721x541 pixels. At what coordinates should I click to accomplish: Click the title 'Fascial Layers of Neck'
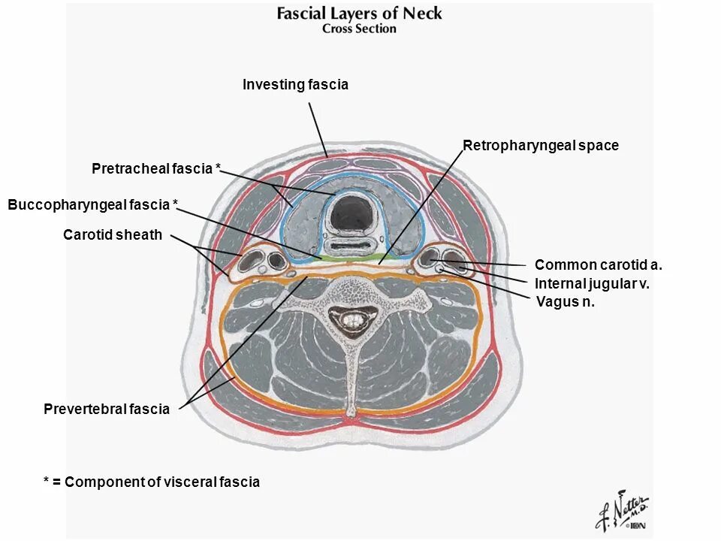tap(359, 13)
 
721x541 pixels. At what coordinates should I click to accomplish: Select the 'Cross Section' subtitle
tap(359, 29)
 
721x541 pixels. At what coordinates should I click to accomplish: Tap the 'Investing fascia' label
tap(295, 85)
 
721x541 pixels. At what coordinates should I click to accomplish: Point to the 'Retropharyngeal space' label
tap(541, 146)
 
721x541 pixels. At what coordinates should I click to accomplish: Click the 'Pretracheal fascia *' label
tap(156, 169)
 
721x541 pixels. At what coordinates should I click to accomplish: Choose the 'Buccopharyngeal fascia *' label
tap(93, 204)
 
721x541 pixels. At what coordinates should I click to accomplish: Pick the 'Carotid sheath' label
tap(113, 235)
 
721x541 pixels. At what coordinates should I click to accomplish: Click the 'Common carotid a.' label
tap(598, 264)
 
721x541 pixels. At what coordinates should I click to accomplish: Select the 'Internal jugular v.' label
tap(592, 284)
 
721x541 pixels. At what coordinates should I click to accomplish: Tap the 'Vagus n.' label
tap(565, 302)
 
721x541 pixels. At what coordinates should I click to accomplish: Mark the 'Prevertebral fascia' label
tap(107, 410)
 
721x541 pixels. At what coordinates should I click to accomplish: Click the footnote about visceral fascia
tap(152, 482)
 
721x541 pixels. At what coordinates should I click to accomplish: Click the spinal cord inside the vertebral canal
tap(351, 319)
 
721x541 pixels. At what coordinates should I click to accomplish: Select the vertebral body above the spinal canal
tap(350, 290)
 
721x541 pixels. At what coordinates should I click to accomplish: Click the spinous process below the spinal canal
tap(351, 376)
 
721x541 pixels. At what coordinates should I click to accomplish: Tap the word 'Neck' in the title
tap(422, 13)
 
